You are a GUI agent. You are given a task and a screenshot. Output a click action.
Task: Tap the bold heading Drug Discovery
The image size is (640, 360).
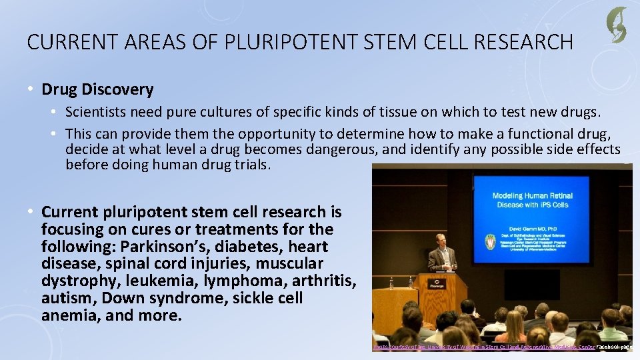point(97,89)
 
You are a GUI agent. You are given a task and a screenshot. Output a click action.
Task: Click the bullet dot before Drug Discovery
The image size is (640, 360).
point(31,89)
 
